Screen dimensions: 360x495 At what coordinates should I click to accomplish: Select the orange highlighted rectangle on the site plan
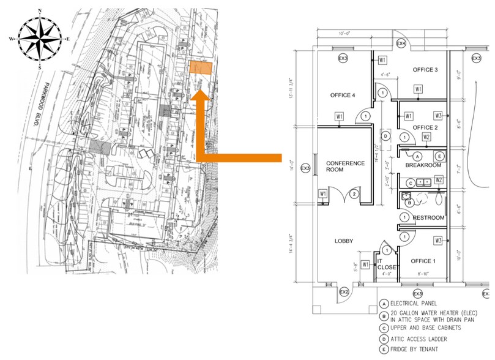click(201, 69)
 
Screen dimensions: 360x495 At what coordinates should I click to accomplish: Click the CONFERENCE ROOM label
click(345, 167)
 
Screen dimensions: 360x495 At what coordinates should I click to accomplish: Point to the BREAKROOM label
click(423, 165)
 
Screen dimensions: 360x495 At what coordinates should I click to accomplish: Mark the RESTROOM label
click(428, 218)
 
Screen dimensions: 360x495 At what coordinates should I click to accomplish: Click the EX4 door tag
click(401, 44)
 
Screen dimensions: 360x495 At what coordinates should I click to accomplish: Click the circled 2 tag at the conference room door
click(353, 195)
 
